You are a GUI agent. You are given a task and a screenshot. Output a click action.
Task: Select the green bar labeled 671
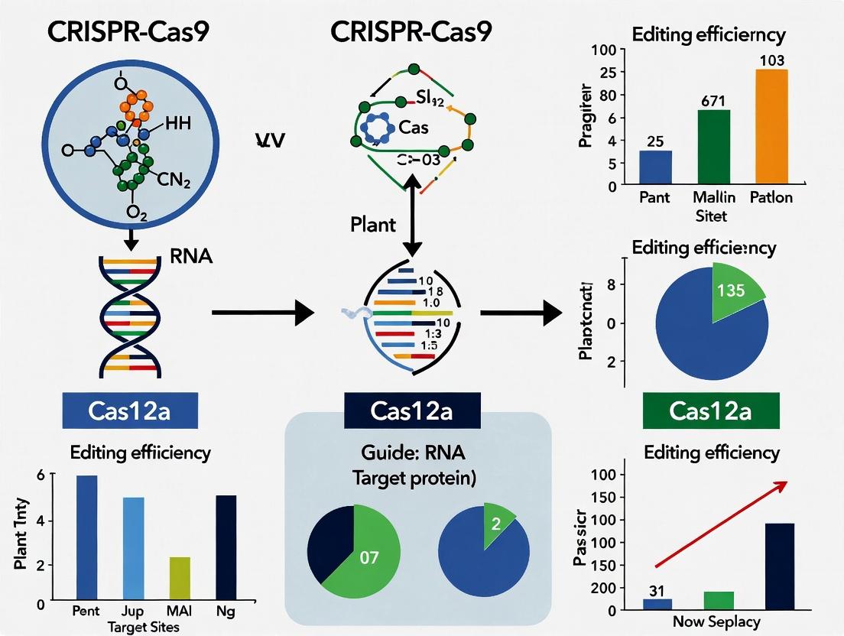714,148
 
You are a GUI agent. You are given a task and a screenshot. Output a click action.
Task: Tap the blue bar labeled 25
655,168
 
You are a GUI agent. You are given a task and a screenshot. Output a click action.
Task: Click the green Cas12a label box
710,410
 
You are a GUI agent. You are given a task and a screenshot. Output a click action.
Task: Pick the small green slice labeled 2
497,525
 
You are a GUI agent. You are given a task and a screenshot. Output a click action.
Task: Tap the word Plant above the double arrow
374,225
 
